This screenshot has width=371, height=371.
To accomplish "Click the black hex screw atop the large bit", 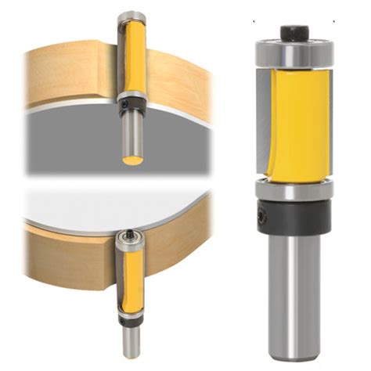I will (294, 34).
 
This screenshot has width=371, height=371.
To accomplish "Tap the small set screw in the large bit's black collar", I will (261, 213).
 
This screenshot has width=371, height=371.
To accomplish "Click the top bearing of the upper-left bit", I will (131, 17).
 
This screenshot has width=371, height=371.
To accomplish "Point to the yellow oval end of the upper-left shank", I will (132, 160).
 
